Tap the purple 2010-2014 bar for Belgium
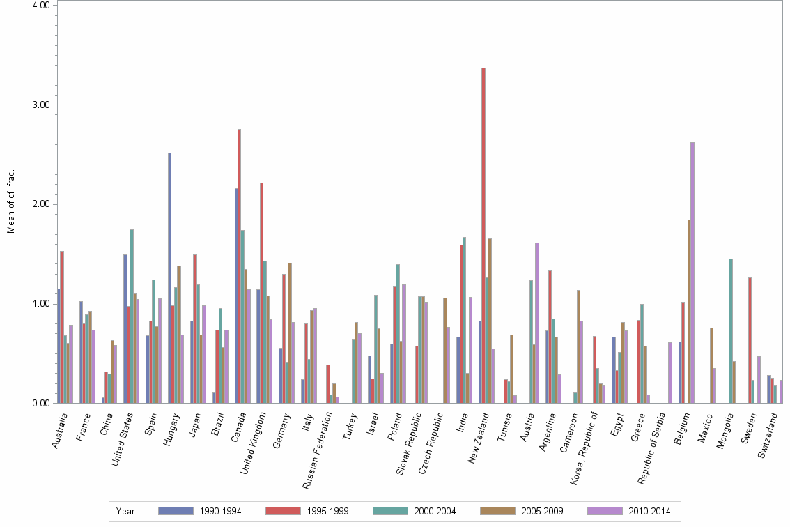point(692,273)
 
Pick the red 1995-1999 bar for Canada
point(239,266)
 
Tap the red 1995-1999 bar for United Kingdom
point(261,293)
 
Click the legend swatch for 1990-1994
point(176,511)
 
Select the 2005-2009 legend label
point(543,511)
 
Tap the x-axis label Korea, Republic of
point(587,446)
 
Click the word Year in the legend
point(125,511)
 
